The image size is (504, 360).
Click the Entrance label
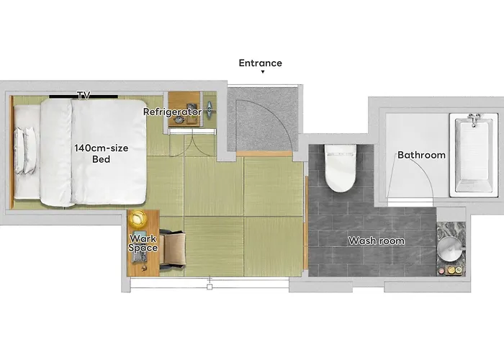coord(261,63)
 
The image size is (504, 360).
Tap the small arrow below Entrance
coord(263,72)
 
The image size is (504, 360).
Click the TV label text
coord(84,95)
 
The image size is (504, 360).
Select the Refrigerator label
coord(172,112)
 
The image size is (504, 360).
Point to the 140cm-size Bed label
coord(102,153)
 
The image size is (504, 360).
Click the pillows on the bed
coord(25,150)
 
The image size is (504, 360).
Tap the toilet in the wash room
coord(341,168)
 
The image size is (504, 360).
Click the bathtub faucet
coord(474,120)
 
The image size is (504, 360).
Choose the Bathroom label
coord(421,155)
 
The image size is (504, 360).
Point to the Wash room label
coord(377,240)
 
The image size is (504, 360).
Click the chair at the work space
coord(172,249)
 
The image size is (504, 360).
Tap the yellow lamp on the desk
coord(138,219)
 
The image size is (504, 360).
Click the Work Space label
coord(143,243)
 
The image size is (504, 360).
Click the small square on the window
coord(210,287)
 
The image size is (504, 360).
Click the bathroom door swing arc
coord(424,174)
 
